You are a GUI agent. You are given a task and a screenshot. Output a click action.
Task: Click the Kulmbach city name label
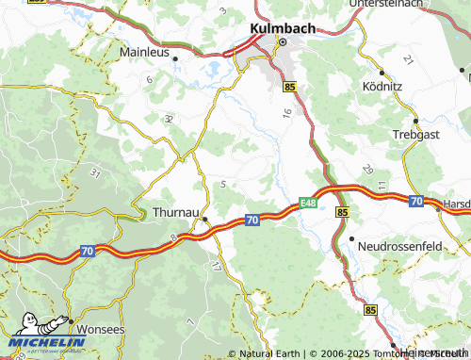pos(283,28)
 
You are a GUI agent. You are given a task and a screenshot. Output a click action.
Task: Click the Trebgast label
pos(414,135)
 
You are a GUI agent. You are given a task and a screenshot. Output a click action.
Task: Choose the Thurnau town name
pos(175,214)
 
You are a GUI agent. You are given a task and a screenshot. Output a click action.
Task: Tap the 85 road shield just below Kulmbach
pos(289,87)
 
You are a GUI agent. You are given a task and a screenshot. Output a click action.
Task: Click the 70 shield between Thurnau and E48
pos(252,219)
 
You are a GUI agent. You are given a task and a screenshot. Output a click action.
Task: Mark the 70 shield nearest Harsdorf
pos(415,201)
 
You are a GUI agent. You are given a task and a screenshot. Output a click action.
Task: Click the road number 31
pos(93,172)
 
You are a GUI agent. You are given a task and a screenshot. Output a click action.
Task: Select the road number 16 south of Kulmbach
pos(286,113)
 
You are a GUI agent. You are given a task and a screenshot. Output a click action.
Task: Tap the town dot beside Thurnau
pos(205,220)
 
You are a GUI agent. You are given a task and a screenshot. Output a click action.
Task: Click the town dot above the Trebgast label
pos(416,121)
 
